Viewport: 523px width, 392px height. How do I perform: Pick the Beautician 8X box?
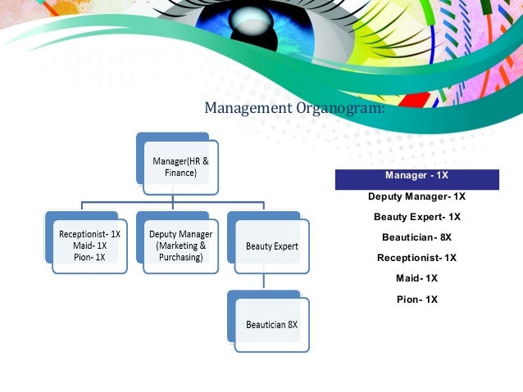[271, 324]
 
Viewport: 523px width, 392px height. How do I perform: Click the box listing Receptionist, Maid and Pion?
[89, 245]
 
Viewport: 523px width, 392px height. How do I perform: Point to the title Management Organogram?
[293, 108]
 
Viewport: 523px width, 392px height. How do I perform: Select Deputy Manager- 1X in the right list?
[416, 196]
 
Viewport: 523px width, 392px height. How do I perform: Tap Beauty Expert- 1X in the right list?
[416, 217]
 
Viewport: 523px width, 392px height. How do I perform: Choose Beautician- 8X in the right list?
[416, 237]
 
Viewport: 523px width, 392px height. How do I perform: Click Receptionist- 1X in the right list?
[416, 258]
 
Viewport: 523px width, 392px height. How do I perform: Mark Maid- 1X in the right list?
[416, 278]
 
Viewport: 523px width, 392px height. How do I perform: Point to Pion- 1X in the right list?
[416, 299]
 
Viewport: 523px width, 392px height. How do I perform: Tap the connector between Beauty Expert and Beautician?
[263, 280]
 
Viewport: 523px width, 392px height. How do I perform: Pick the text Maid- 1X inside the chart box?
[89, 245]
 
